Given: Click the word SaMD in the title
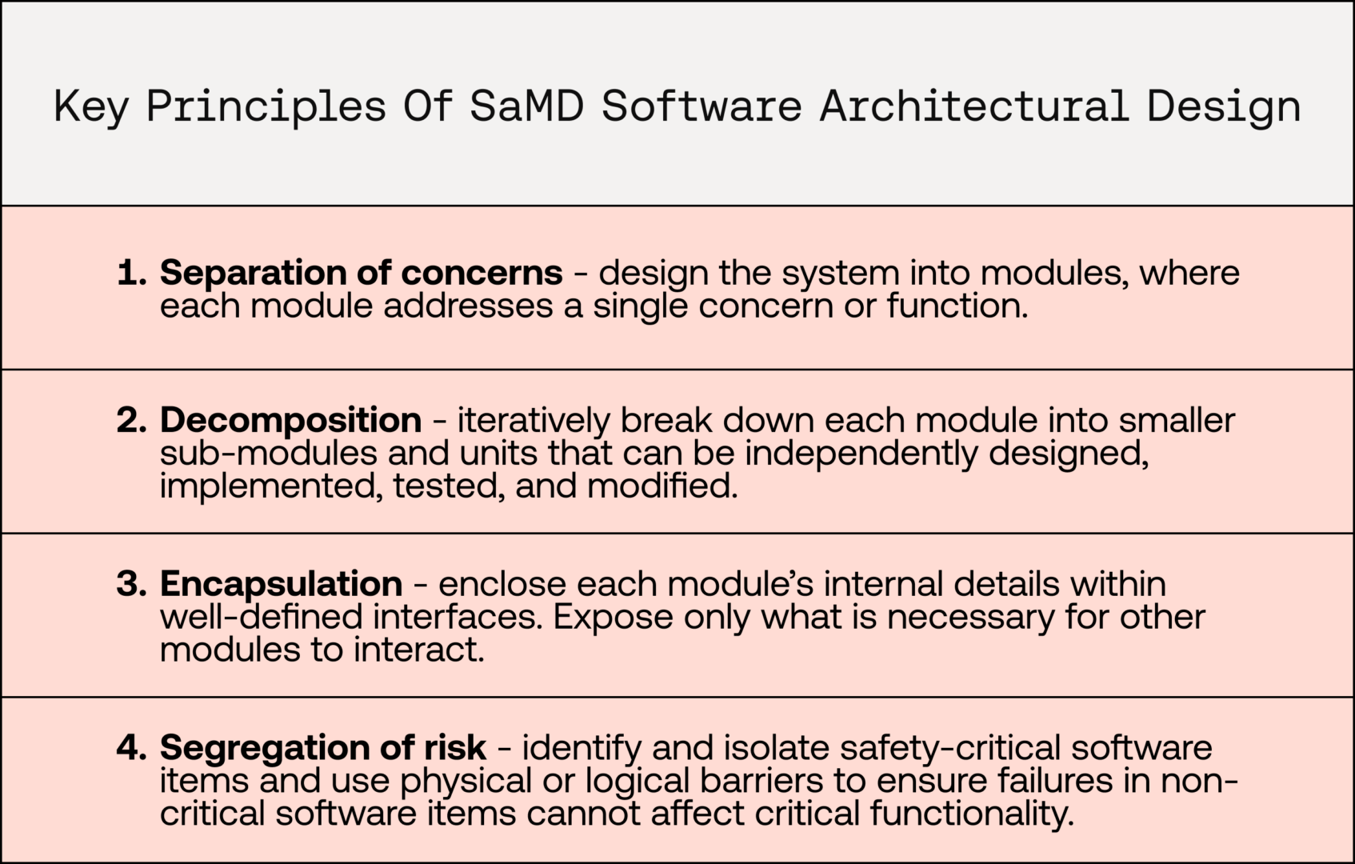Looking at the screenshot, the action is pos(527,106).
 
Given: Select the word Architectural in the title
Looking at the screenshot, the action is pos(974,106).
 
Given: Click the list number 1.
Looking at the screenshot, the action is pos(132,272).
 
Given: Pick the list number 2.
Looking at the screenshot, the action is pos(132,420).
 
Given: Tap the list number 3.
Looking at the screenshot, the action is pos(132,584).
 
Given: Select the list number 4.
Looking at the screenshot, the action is pos(132,748).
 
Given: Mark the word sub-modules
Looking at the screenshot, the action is pos(269,453).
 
